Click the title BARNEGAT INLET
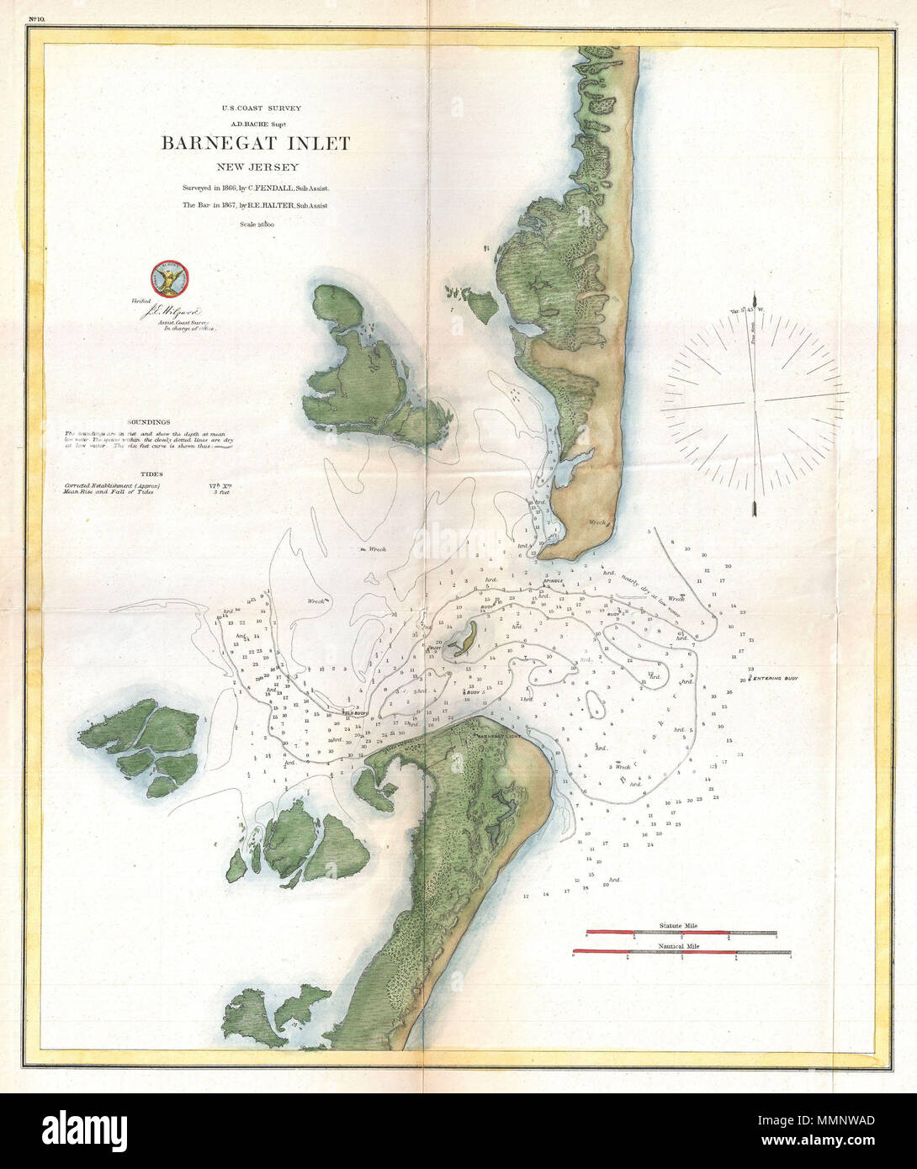tap(256, 143)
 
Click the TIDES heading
tap(152, 474)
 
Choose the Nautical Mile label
tap(681, 945)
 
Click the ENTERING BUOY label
tap(773, 677)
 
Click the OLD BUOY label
tap(356, 713)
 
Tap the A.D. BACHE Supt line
tap(256, 123)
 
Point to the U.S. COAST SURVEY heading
tap(256, 108)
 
